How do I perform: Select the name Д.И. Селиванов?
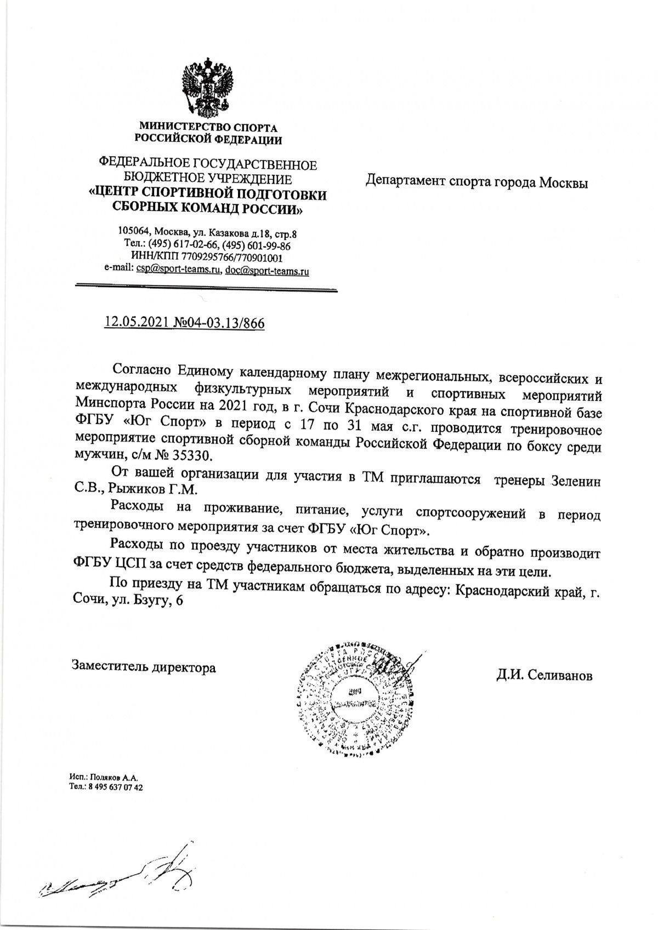544,676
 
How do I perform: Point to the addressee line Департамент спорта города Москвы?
477,182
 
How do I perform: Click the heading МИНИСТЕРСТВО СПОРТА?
208,128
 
